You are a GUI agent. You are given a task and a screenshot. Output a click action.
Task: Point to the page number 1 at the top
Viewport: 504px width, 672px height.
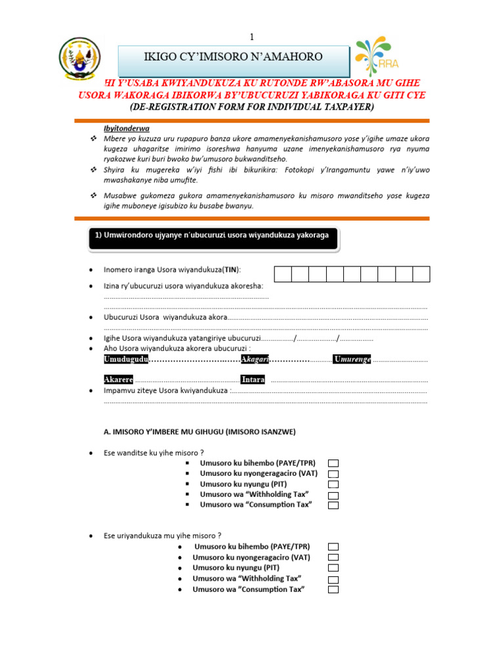click(251, 36)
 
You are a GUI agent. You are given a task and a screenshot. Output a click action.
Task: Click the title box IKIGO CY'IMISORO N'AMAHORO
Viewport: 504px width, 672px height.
click(234, 57)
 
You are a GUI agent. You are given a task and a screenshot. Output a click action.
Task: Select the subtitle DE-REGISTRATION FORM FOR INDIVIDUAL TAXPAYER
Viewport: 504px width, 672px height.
click(252, 106)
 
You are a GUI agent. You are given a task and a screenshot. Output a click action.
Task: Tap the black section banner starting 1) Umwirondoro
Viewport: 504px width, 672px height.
click(213, 239)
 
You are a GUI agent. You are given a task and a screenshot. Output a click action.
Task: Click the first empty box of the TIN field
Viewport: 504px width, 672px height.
click(282, 274)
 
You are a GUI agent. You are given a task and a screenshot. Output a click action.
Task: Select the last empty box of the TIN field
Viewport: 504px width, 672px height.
click(421, 274)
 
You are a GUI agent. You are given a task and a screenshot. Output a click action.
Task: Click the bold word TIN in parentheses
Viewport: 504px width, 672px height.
click(230, 270)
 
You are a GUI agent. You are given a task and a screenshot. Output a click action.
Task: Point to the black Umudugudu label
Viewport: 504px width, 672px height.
click(126, 359)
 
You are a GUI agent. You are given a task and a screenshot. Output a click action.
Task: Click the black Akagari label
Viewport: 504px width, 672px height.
click(255, 359)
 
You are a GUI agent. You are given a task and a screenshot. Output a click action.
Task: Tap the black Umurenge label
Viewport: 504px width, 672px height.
click(352, 359)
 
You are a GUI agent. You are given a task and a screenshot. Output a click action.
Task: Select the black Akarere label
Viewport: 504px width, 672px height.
click(119, 380)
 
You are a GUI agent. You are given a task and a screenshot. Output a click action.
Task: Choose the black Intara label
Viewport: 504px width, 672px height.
click(253, 380)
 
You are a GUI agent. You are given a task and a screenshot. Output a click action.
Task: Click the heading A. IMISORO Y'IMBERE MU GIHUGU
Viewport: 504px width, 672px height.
click(199, 432)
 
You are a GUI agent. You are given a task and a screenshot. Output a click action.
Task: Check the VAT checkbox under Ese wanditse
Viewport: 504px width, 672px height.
click(333, 474)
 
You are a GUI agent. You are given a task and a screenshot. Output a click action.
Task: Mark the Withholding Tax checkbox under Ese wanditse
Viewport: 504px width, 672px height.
click(333, 495)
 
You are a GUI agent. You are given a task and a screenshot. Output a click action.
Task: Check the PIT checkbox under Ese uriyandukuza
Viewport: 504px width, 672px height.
click(333, 568)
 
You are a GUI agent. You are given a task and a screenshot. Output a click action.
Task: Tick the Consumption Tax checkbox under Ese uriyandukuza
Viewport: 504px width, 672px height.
click(333, 589)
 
